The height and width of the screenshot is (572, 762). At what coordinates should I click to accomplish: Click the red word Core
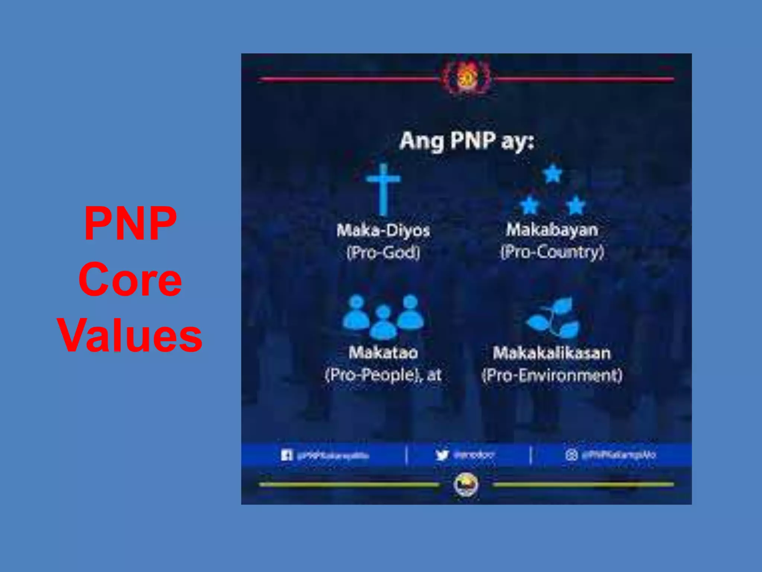(130, 280)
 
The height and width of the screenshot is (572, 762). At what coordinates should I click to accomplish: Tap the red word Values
(130, 336)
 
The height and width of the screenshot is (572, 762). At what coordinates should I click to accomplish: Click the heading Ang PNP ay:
(467, 141)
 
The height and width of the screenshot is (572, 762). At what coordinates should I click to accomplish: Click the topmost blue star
(553, 174)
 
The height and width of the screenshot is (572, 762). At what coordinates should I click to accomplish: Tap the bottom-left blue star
(529, 206)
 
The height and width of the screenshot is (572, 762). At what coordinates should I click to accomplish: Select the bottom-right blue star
(576, 206)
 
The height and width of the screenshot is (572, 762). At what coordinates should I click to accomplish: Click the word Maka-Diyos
(383, 230)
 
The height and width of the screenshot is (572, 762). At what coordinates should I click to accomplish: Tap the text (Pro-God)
(383, 253)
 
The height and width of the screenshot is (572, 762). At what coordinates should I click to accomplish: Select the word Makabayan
(552, 230)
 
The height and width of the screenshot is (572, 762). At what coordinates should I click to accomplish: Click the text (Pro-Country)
(552, 252)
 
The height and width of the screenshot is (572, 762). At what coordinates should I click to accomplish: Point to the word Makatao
(383, 353)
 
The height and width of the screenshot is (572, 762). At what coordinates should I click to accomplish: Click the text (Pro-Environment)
(552, 375)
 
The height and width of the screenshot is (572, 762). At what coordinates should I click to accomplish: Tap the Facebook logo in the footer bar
(286, 455)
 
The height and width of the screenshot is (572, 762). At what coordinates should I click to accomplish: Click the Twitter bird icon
(442, 455)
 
